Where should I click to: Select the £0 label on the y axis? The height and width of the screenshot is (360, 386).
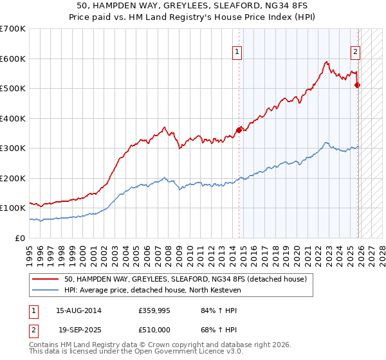(x=21, y=238)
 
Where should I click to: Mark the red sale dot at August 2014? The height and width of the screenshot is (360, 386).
(x=239, y=130)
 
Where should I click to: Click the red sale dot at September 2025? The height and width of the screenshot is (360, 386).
(x=358, y=85)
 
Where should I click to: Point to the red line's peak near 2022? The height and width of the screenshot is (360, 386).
(x=327, y=62)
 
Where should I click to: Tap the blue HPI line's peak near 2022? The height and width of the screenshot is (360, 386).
(x=327, y=143)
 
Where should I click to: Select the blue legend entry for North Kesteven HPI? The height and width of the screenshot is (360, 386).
(x=152, y=290)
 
